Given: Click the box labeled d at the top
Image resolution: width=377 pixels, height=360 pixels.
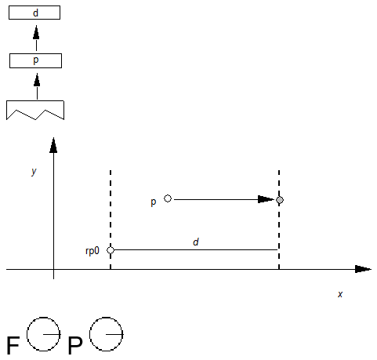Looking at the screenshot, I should pyautogui.click(x=35, y=13).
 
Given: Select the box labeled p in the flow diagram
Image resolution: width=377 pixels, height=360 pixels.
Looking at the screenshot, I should pyautogui.click(x=35, y=60).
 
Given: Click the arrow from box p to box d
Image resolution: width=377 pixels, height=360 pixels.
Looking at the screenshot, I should pyautogui.click(x=35, y=37).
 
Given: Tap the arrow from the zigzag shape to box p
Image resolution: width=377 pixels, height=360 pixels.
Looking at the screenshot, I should pyautogui.click(x=35, y=85).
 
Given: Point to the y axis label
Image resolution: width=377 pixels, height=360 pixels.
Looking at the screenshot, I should pyautogui.click(x=34, y=170).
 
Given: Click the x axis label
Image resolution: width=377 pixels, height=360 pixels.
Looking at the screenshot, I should pyautogui.click(x=340, y=293).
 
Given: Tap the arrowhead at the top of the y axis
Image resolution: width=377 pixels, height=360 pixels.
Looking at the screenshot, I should pyautogui.click(x=53, y=145).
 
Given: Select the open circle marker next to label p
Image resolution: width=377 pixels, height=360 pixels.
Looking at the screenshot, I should pyautogui.click(x=168, y=198).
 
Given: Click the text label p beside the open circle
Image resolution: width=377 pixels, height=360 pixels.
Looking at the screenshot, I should pyautogui.click(x=154, y=202).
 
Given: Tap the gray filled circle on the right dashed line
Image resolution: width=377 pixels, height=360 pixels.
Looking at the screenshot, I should pyautogui.click(x=280, y=200).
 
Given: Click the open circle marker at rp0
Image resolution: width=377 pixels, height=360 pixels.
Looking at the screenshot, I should pyautogui.click(x=111, y=250).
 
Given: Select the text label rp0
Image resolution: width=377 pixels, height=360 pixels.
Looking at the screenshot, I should pyautogui.click(x=92, y=251).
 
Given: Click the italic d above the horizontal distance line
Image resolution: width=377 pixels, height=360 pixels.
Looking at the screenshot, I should pyautogui.click(x=196, y=242).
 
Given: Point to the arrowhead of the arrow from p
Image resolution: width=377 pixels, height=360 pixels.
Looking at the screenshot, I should pyautogui.click(x=266, y=199).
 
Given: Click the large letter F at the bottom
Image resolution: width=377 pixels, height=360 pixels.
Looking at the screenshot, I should pyautogui.click(x=13, y=346).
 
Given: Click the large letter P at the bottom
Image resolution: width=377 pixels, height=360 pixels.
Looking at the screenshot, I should pyautogui.click(x=75, y=346).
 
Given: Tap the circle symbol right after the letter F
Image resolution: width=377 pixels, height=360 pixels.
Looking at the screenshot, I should pyautogui.click(x=43, y=333).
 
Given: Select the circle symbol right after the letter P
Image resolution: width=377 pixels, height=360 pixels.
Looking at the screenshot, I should pyautogui.click(x=106, y=333).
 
